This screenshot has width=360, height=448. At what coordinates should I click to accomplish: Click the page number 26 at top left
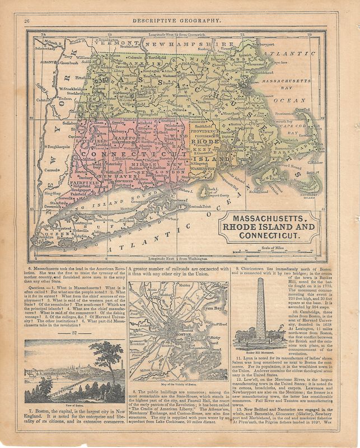[26, 21]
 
